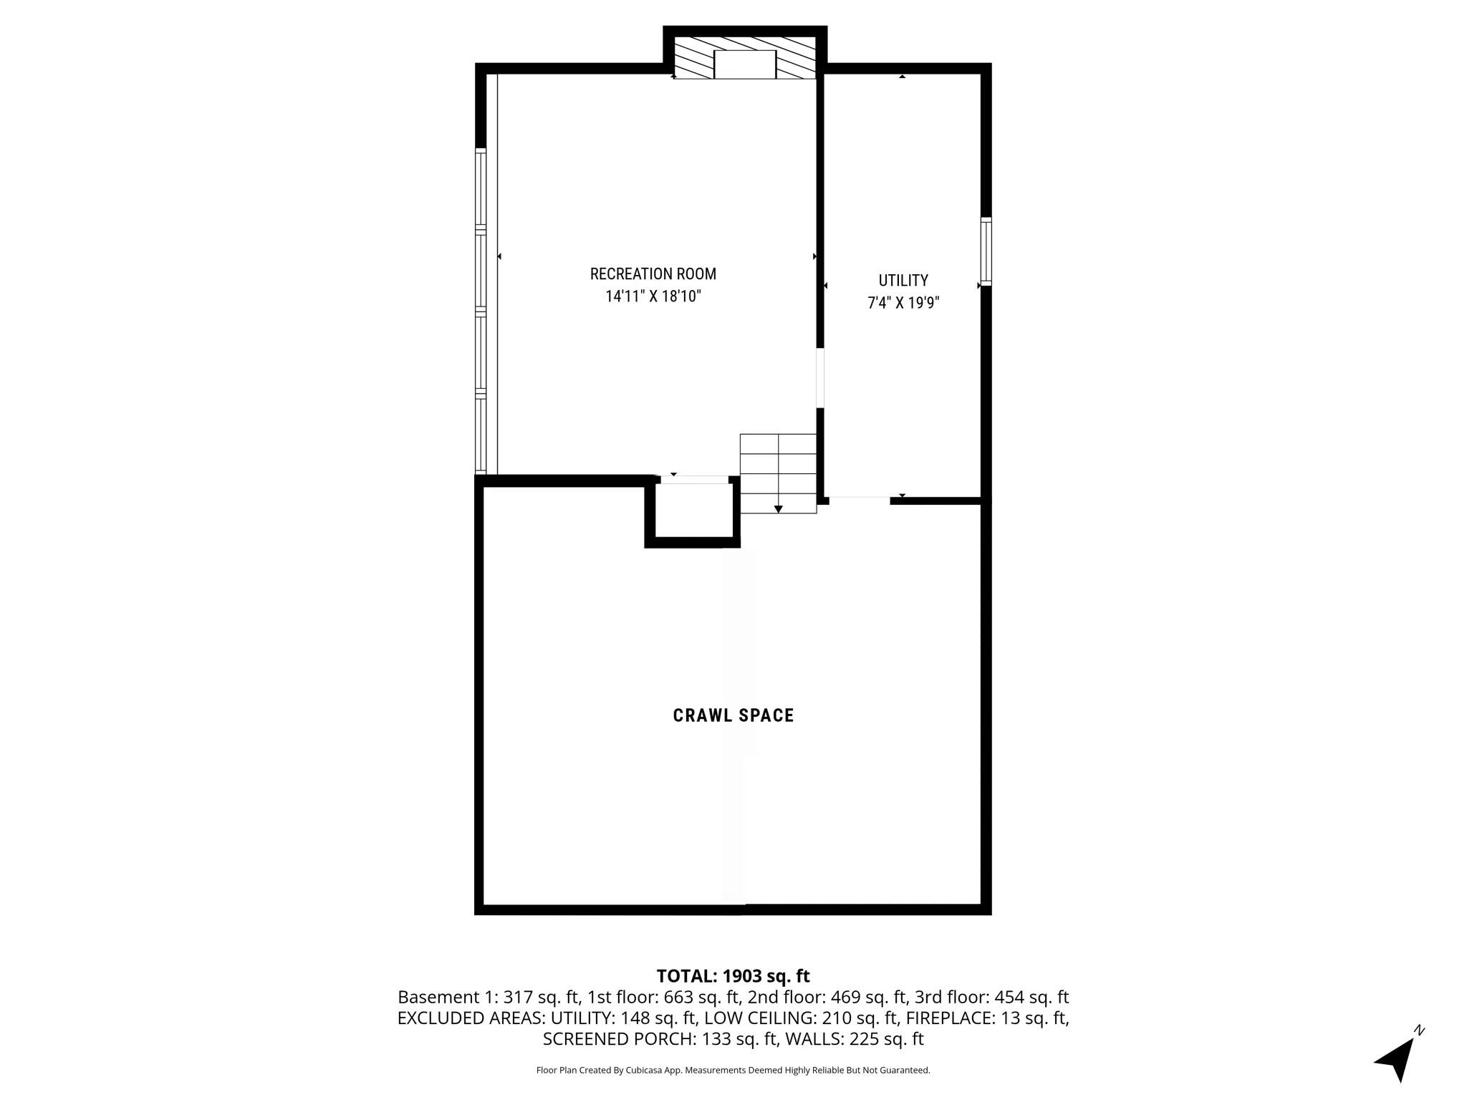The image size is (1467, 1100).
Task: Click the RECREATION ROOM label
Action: (653, 274)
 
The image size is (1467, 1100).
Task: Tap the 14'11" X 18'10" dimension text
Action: (653, 296)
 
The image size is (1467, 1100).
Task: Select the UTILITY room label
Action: (903, 280)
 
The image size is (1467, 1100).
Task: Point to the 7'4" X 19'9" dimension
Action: (903, 303)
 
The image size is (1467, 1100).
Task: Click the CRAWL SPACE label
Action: (733, 715)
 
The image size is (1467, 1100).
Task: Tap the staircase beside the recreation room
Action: (778, 473)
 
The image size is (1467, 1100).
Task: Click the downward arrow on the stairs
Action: (778, 508)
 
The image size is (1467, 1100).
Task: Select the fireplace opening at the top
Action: (745, 64)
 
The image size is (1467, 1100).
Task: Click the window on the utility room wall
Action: (986, 251)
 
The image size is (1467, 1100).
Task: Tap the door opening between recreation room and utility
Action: (820, 378)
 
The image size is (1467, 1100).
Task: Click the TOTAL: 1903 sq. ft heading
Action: (733, 976)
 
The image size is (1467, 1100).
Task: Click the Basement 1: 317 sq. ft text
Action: (489, 997)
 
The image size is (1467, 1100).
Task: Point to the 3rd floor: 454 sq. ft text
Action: (991, 997)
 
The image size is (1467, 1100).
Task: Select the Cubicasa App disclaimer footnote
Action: (733, 1071)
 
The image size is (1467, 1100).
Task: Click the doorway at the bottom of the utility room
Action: (860, 499)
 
